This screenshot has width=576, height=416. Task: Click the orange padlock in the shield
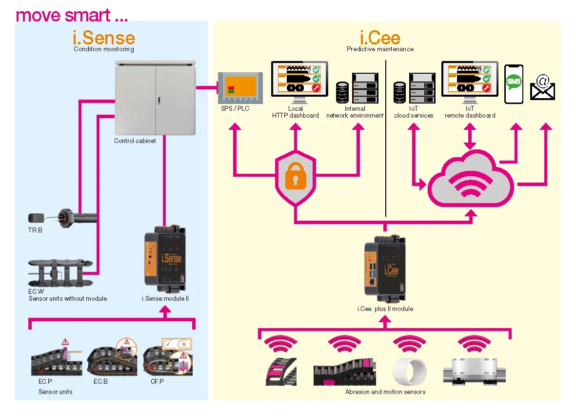click(x=295, y=178)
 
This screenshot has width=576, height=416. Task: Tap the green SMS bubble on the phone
click(x=514, y=82)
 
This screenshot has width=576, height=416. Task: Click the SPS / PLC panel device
click(x=240, y=88)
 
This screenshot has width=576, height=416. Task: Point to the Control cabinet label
click(x=135, y=141)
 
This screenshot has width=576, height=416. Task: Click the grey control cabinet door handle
click(x=159, y=101)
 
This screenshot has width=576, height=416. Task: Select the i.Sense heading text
click(x=104, y=38)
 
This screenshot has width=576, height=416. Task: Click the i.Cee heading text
click(x=380, y=38)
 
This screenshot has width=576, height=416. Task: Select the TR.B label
click(x=35, y=230)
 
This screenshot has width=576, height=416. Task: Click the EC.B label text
click(x=100, y=382)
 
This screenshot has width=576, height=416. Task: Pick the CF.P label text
click(x=157, y=382)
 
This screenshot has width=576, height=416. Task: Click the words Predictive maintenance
click(x=380, y=49)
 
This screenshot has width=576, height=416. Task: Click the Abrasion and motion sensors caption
click(x=385, y=392)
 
